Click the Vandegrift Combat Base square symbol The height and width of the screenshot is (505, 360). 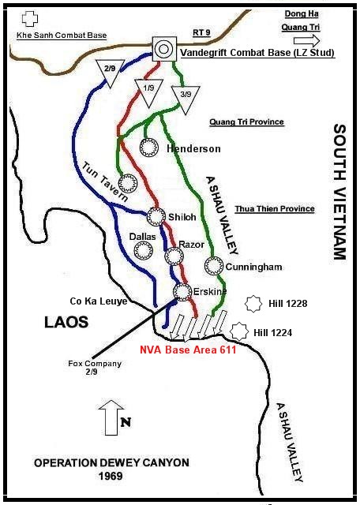[x=163, y=49]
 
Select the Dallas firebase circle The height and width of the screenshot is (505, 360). [x=142, y=251]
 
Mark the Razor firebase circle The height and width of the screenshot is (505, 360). [x=173, y=256]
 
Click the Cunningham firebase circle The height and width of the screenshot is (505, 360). [x=213, y=266]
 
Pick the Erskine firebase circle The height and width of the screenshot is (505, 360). [x=183, y=292]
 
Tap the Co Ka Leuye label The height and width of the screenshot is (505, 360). [x=99, y=301]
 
